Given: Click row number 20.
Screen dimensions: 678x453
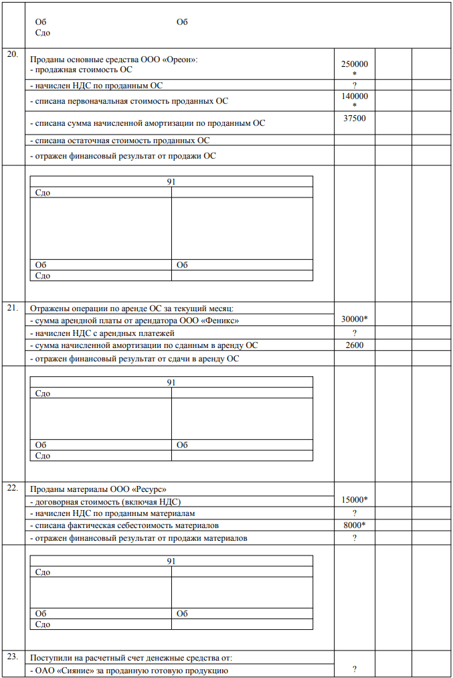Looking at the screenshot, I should point(12,54).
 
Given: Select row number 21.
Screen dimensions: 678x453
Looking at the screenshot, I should point(12,308).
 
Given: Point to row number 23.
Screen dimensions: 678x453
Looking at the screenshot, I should point(12,656).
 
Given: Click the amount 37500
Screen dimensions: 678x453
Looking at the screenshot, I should point(355,118).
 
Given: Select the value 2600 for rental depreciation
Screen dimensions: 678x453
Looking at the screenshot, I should point(355,345).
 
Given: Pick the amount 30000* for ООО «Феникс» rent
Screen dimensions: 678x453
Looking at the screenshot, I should point(355,319).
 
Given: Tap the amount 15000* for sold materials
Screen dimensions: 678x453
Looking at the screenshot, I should point(355,500).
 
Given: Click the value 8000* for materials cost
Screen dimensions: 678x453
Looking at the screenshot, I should point(355,525).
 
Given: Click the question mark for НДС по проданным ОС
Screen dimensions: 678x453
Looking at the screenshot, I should point(355,86).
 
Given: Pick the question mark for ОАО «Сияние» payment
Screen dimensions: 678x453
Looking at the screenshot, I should point(355,669).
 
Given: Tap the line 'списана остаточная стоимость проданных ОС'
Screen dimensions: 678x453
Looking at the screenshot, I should point(121,141).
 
